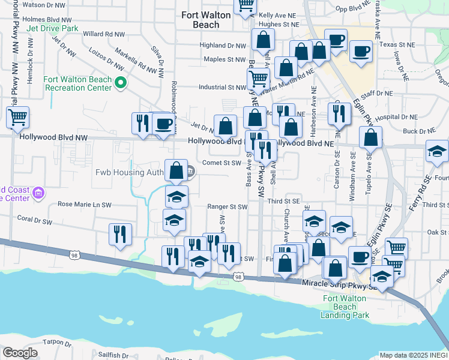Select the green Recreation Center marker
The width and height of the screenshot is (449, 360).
(120, 83)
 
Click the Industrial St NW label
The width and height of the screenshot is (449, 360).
(223, 88)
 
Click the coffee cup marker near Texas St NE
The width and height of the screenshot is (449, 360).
(360, 52)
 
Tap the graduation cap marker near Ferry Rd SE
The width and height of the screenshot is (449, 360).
(437, 152)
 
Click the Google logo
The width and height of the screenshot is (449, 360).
(20, 353)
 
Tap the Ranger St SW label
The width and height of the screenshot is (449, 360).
(228, 207)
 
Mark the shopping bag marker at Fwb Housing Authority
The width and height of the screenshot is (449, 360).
(176, 171)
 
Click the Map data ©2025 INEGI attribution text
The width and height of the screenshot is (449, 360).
(414, 355)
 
